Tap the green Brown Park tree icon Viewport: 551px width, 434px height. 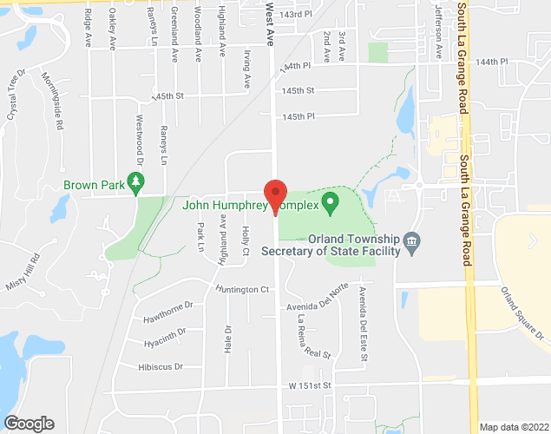coord(135,181)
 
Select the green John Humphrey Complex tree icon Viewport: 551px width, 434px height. coord(330,204)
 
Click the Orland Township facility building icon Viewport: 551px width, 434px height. coord(412,240)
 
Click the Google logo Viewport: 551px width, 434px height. coord(28,423)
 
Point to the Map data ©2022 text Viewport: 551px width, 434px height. coord(515,427)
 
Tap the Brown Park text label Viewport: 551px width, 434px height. coord(93,185)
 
